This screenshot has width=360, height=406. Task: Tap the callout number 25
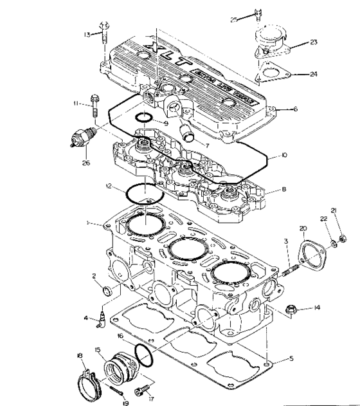pos(235,20)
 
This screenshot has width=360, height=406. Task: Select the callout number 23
pos(313,42)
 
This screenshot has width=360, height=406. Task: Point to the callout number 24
pos(313,75)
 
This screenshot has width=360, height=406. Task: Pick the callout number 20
pos(303,228)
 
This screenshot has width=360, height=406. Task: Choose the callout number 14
pos(318,308)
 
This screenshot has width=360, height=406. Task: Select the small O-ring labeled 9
pos(145,118)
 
